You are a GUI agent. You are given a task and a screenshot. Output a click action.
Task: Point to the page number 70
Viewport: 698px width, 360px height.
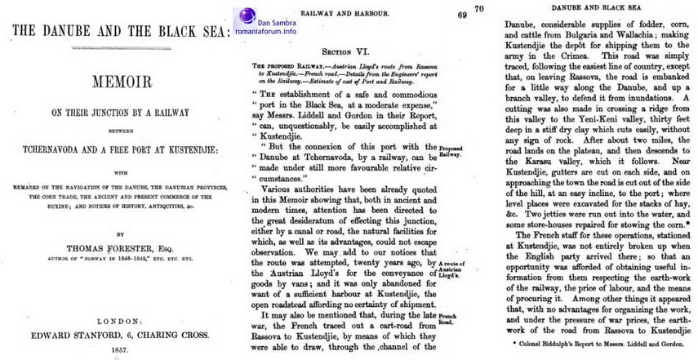(x=478, y=9)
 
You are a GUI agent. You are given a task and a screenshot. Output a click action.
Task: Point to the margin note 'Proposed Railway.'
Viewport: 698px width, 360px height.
(x=451, y=150)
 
